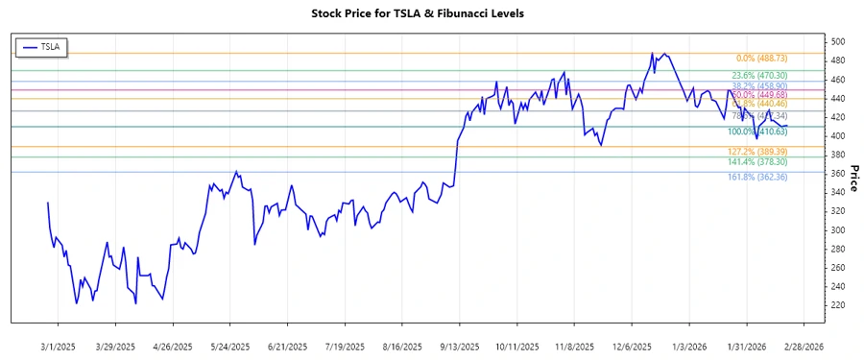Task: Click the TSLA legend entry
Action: [x=40, y=46]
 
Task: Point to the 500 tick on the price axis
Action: [x=838, y=42]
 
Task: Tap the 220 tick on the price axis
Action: [x=838, y=305]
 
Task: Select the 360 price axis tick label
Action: [x=838, y=174]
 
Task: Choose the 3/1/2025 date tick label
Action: [x=60, y=346]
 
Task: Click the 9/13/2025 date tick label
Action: [x=456, y=346]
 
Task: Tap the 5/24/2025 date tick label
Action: [x=229, y=346]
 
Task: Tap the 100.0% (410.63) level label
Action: [x=759, y=132]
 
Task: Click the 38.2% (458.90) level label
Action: [x=759, y=85]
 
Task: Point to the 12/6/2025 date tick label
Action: [x=632, y=346]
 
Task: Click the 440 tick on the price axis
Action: [x=838, y=99]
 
